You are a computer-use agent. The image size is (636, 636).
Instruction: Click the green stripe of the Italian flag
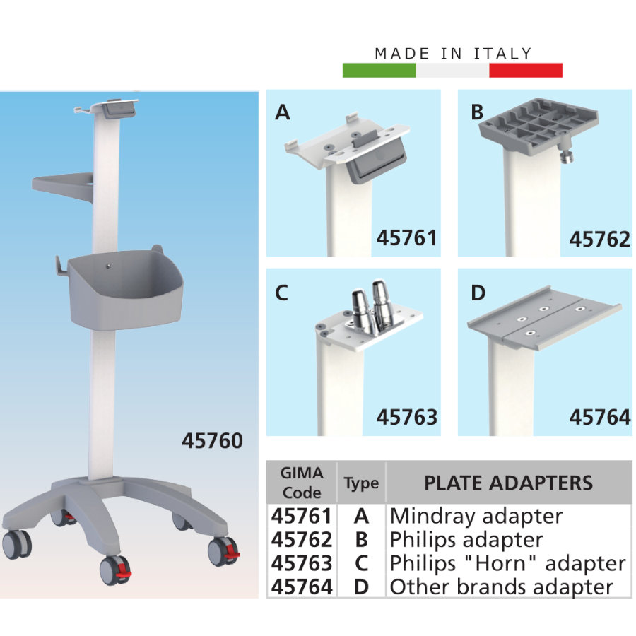(379, 70)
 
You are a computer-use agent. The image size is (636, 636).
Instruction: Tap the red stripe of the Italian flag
(526, 70)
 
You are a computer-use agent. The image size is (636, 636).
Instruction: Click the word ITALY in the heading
(502, 54)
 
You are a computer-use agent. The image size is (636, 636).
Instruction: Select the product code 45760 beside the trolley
(212, 440)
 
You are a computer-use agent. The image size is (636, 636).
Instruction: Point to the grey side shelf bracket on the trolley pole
(63, 186)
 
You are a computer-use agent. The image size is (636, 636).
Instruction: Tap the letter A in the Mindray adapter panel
(282, 112)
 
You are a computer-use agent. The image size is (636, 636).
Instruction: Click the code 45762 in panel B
(599, 239)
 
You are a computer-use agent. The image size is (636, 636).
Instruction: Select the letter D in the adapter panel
(478, 293)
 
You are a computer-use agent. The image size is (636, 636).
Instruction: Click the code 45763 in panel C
(407, 417)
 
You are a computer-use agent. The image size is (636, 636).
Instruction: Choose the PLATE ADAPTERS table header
(509, 483)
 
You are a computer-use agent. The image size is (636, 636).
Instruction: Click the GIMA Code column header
(302, 483)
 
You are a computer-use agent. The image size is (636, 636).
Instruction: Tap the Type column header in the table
(361, 483)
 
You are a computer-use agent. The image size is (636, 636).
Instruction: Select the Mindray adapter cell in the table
(476, 517)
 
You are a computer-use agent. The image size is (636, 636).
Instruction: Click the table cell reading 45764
(302, 587)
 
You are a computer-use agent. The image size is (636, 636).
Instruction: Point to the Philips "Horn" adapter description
(508, 563)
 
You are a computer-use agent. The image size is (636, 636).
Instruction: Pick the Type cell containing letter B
(361, 540)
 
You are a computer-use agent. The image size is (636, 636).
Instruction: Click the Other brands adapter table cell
(501, 587)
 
